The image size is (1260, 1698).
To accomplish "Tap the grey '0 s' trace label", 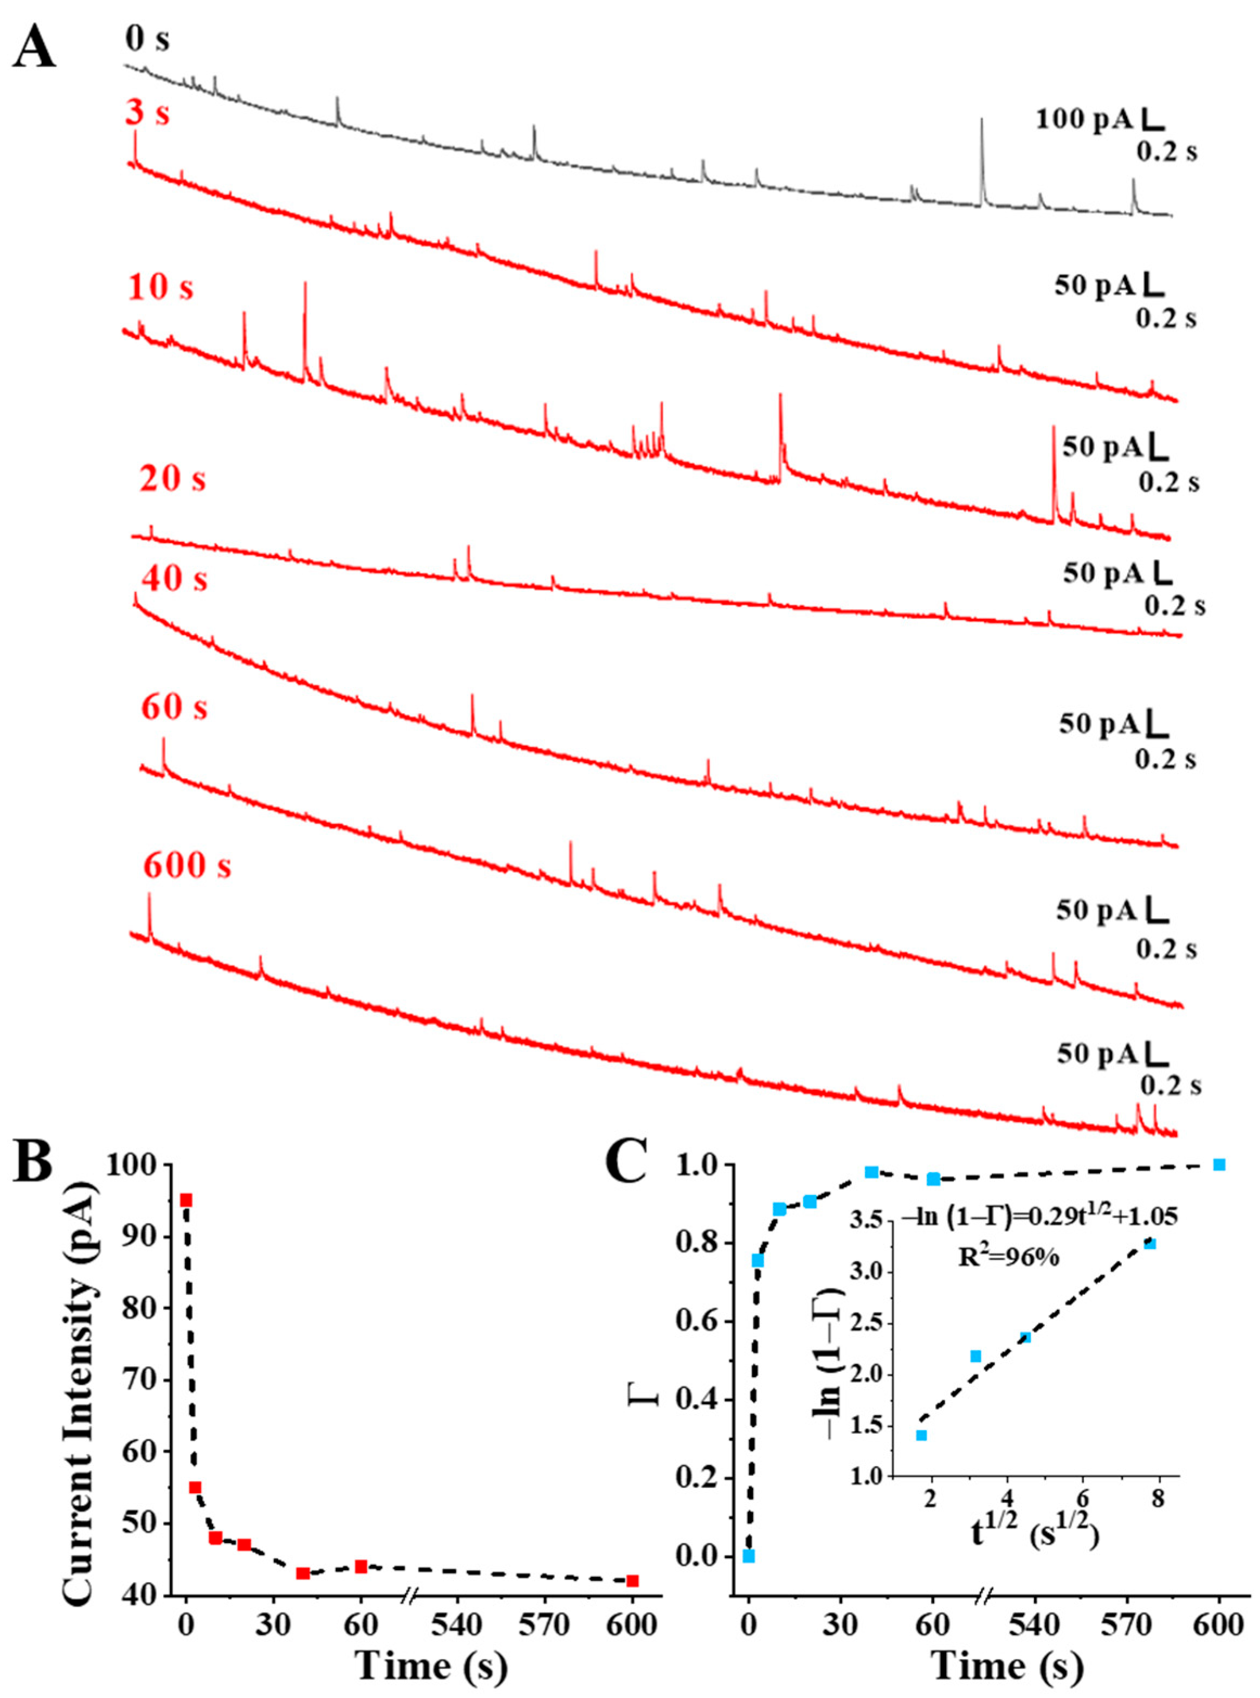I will (148, 38).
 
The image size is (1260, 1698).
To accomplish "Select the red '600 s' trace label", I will (187, 866).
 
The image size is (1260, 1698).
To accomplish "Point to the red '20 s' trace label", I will (172, 480).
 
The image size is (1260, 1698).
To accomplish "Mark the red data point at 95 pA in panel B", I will (185, 1200).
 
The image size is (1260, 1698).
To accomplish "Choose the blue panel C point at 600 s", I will (1219, 1186).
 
